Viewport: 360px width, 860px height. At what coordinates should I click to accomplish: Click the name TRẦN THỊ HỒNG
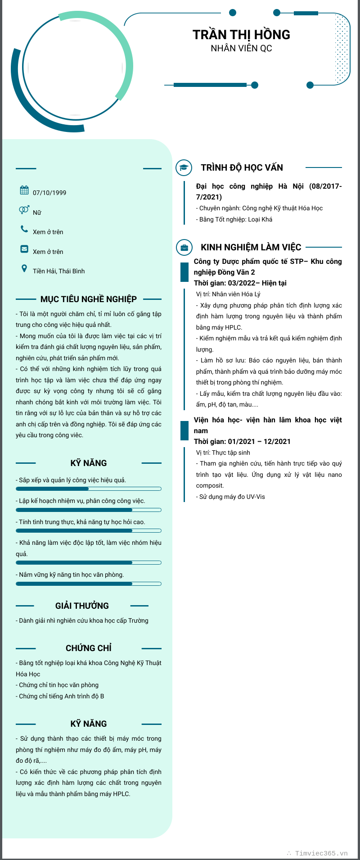pos(241,35)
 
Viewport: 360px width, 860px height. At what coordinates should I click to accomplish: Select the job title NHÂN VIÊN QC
pos(241,48)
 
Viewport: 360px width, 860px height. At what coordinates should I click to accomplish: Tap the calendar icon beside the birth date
pos(24,190)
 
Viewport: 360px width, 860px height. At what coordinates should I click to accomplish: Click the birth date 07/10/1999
pos(49,193)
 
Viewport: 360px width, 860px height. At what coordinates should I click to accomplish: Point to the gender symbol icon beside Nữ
pos(24,210)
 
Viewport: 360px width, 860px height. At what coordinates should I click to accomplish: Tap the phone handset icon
pos(24,229)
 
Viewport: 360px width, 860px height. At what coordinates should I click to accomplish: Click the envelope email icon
pos(24,249)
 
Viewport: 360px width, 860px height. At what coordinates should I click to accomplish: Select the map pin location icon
pos(24,269)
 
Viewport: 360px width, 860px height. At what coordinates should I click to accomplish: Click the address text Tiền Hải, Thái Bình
pos(58,271)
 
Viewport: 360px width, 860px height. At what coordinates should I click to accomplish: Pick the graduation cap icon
pos(184,167)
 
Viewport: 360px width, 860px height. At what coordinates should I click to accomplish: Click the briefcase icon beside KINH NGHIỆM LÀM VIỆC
pos(184,247)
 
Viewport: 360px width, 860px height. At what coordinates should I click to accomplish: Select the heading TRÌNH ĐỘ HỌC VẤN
pos(242,167)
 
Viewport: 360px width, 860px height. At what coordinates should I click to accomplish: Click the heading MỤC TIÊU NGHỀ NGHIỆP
pos(89,299)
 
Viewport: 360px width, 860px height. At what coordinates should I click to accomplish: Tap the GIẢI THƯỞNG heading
pos(82,606)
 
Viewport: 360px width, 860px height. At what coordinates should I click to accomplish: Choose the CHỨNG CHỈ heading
pos(89,648)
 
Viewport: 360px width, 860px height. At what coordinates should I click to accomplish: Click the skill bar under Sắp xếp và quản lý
pos(89,489)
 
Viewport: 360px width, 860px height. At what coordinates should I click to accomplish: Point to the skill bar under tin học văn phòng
pos(89,584)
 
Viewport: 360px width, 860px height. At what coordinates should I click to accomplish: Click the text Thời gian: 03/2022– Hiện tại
pos(240,283)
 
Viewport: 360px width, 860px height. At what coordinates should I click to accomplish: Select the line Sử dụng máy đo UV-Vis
pos(232,497)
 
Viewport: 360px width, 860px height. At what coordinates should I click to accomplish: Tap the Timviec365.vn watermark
pos(321,853)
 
